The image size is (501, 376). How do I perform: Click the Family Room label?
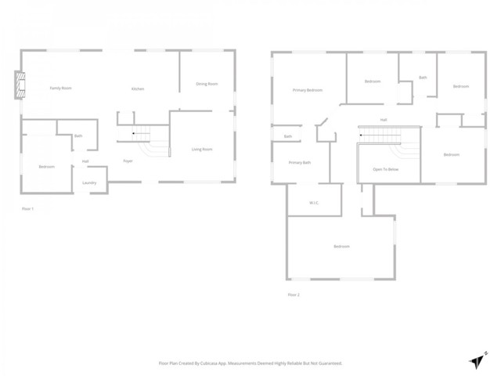[61, 88]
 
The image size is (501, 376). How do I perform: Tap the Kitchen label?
[138, 89]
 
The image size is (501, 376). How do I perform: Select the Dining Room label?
[207, 84]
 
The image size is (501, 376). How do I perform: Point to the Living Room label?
[202, 149]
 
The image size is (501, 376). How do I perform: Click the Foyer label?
[128, 161]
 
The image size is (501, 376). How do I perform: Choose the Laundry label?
[89, 183]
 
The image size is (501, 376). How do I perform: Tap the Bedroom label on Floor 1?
[47, 166]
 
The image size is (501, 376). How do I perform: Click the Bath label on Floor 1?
[78, 136]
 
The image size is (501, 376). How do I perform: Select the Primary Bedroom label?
[308, 90]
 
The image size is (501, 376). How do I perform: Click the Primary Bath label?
[300, 162]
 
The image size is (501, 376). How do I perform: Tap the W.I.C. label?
[313, 203]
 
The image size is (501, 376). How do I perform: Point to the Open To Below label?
[386, 169]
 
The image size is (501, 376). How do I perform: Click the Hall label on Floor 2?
[384, 120]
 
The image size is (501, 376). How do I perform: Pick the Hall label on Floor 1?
[85, 162]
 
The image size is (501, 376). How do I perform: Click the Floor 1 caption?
[28, 208]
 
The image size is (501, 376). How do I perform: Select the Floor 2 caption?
[294, 295]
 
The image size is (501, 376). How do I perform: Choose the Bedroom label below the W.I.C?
[341, 247]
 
